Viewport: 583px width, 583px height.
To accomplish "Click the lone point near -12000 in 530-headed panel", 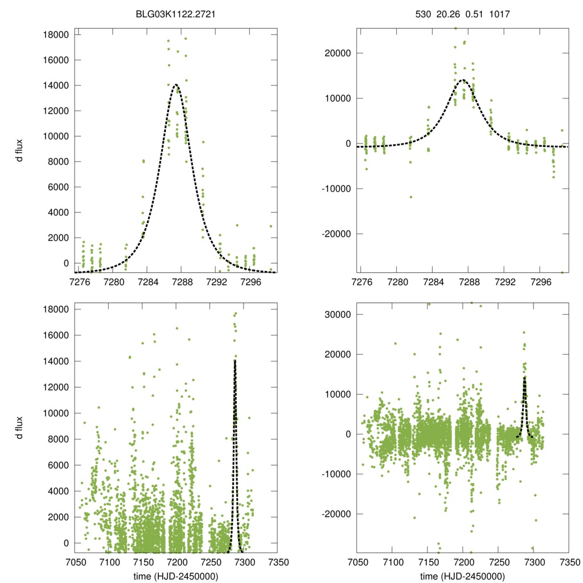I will point(410,197).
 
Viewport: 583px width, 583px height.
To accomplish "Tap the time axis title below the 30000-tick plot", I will point(462,576).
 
